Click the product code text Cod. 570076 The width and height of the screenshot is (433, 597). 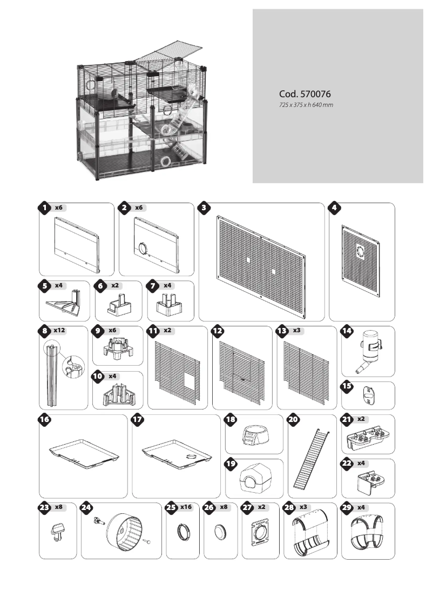point(304,94)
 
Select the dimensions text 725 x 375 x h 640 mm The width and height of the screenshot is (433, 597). point(306,104)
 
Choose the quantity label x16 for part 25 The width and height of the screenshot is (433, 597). point(186,508)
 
